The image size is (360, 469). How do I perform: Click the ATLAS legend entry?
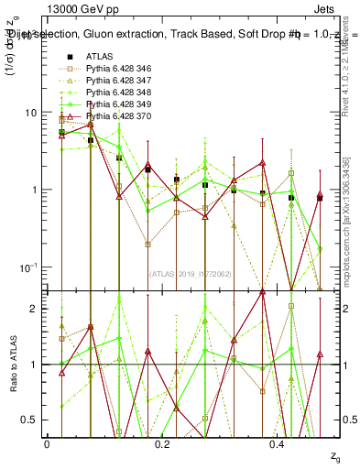100,57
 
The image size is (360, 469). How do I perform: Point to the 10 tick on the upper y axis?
31,113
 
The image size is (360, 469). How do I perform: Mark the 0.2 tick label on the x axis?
163,443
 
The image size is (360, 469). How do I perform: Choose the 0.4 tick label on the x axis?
279,443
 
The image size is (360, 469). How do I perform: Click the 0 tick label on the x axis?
47,443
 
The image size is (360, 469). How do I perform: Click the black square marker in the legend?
64,57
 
